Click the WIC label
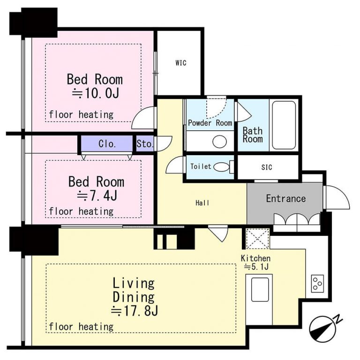tap(180, 63)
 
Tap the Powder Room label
tap(210, 123)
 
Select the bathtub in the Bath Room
tap(284, 125)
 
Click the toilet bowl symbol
tap(221, 167)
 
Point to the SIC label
tap(267, 167)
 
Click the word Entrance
tap(286, 198)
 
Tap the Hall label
tap(202, 202)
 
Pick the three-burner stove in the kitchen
tap(317, 284)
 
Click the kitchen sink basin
tap(260, 290)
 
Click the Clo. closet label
tap(107, 144)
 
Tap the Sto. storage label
tap(145, 144)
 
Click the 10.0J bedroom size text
tap(96, 93)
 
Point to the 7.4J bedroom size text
tap(97, 195)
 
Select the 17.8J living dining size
tap(135, 311)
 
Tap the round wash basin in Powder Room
tap(219, 142)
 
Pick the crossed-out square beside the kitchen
tap(257, 239)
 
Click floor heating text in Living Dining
tap(81, 326)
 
